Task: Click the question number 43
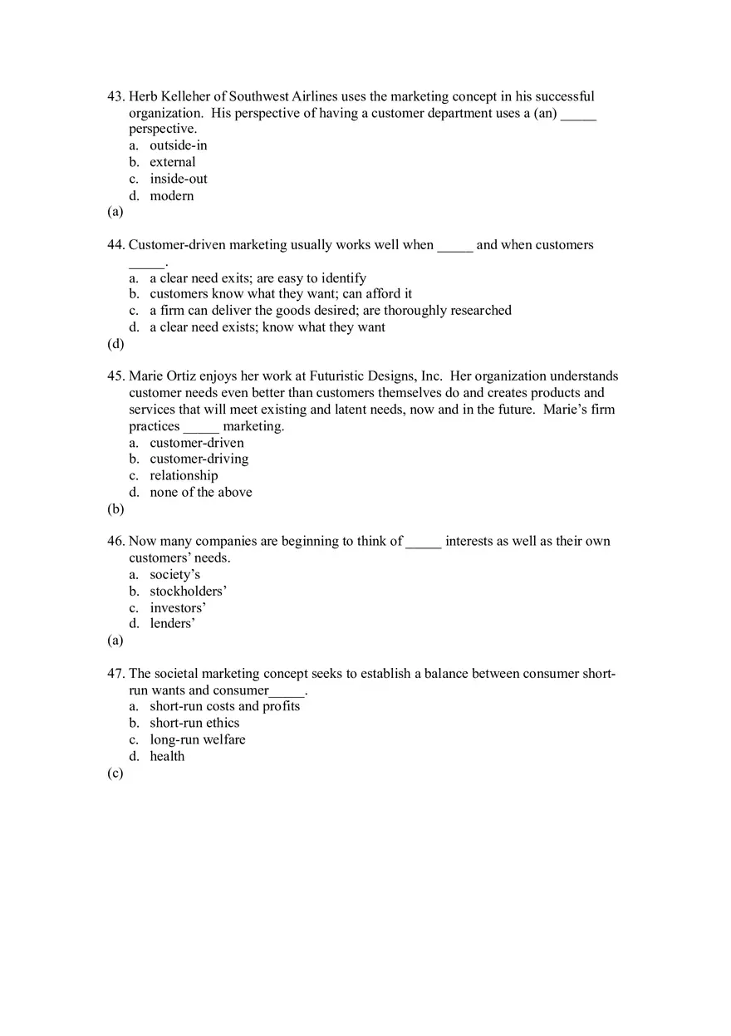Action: click(115, 97)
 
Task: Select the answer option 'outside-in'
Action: click(178, 145)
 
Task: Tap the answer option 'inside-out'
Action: click(178, 179)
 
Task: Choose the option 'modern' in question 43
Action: click(171, 196)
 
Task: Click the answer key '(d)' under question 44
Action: click(115, 344)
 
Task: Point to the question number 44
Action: click(115, 245)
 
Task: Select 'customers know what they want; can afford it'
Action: click(280, 294)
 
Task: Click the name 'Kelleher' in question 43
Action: click(192, 97)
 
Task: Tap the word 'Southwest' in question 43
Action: click(258, 97)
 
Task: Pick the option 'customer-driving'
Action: click(199, 459)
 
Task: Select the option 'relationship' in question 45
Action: click(184, 476)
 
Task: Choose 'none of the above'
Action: click(200, 493)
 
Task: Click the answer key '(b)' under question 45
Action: click(115, 509)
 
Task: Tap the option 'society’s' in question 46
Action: click(174, 575)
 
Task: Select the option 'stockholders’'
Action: click(188, 592)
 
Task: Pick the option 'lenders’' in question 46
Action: click(172, 624)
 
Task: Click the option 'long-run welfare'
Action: click(197, 739)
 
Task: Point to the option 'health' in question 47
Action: click(167, 756)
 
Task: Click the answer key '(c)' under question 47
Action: click(115, 773)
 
